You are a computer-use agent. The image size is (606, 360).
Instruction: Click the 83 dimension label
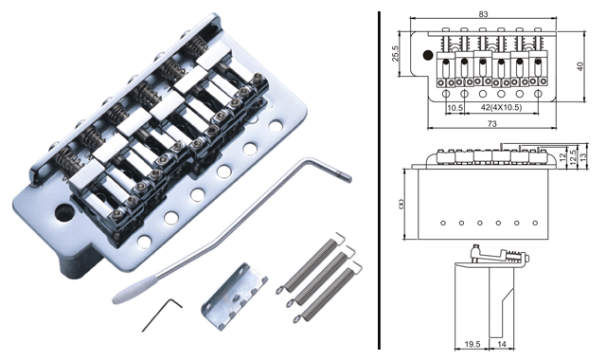(483, 14)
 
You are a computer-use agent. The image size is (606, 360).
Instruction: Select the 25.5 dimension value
(394, 53)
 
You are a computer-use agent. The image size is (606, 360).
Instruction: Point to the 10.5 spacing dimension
(454, 108)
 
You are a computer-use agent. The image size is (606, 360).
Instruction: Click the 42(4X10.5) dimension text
(501, 108)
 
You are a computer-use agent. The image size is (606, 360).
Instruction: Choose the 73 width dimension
(491, 124)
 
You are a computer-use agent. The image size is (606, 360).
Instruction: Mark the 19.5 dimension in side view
(472, 344)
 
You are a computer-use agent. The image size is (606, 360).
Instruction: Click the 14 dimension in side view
(501, 344)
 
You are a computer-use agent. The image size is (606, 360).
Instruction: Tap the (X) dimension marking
(401, 204)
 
